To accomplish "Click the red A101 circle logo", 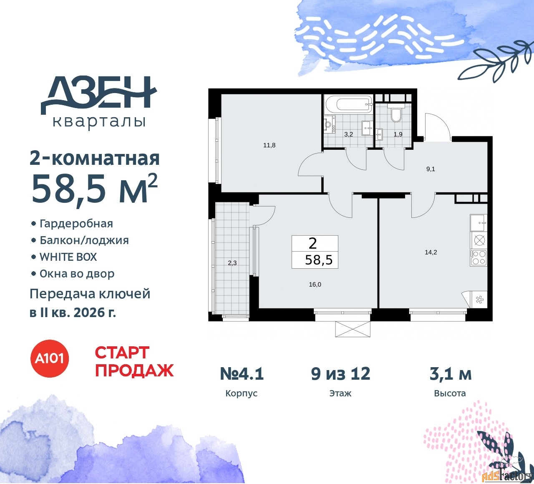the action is [50, 358].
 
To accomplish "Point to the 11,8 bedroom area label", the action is [269, 145].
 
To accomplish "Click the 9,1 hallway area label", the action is [431, 169].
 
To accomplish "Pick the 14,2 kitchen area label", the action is [431, 252].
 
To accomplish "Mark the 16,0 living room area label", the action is [315, 285].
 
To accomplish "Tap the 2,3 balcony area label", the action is [232, 263].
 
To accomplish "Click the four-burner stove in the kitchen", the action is [479, 257].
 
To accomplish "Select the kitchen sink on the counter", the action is [479, 223].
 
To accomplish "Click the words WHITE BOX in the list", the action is [68, 257].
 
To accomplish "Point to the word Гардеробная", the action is [76, 224].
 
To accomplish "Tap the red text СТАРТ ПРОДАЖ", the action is [134, 361].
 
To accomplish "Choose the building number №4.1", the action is [242, 373].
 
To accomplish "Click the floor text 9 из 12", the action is [340, 373].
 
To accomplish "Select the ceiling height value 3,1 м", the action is [451, 374].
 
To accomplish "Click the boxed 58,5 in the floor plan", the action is [319, 260].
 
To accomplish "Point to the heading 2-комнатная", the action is [95, 159].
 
